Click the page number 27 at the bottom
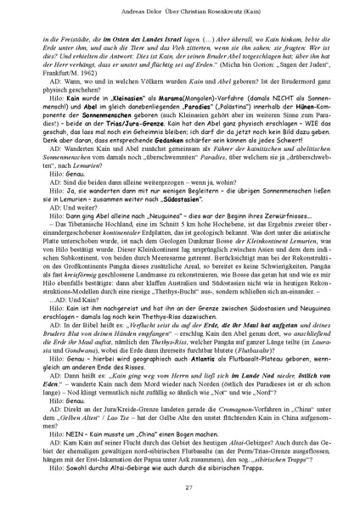click(x=179, y=485)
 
